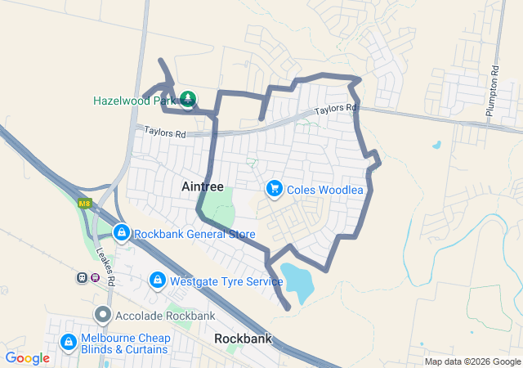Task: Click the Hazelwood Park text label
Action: tap(134, 101)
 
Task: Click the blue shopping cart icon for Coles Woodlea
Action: tap(275, 189)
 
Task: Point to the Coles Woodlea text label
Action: tap(325, 190)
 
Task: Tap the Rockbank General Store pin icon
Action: tap(122, 233)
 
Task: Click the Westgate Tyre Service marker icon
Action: tap(157, 281)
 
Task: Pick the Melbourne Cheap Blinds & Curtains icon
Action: tap(69, 343)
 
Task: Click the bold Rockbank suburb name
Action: tap(242, 338)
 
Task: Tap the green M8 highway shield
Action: tap(84, 203)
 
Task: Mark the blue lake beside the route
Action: tap(296, 283)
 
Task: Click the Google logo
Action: tap(28, 358)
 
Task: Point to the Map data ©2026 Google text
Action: tap(471, 361)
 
